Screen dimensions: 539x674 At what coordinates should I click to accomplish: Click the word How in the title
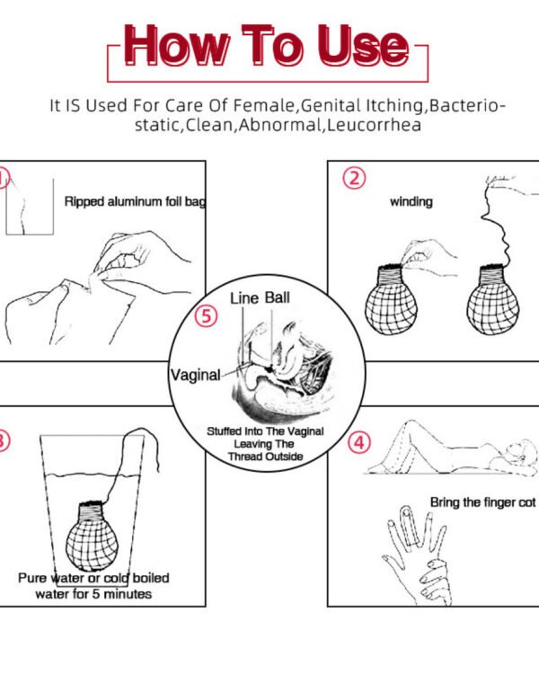point(176,46)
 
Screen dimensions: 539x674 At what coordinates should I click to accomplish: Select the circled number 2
point(354,178)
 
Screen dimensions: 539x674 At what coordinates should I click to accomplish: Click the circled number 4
point(359,442)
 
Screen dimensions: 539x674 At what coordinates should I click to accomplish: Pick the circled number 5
point(207,316)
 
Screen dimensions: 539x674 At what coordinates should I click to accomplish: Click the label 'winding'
point(411,201)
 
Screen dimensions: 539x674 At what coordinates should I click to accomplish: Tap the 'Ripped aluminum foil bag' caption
point(135,201)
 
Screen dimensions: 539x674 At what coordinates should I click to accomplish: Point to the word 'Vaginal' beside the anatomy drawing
point(196,375)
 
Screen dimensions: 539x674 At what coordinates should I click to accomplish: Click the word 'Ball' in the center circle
point(277,297)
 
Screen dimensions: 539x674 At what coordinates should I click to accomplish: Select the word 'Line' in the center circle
point(244,297)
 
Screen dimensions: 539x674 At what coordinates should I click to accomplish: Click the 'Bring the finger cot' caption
point(483,502)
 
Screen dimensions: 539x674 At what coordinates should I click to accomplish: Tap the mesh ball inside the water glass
point(92,536)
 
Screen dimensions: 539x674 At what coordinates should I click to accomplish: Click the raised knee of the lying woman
point(411,425)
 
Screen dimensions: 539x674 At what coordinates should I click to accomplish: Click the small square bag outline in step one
point(30,207)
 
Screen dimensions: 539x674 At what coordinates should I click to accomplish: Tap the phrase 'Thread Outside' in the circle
point(265,457)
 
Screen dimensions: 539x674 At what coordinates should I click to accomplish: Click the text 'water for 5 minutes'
point(93,594)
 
